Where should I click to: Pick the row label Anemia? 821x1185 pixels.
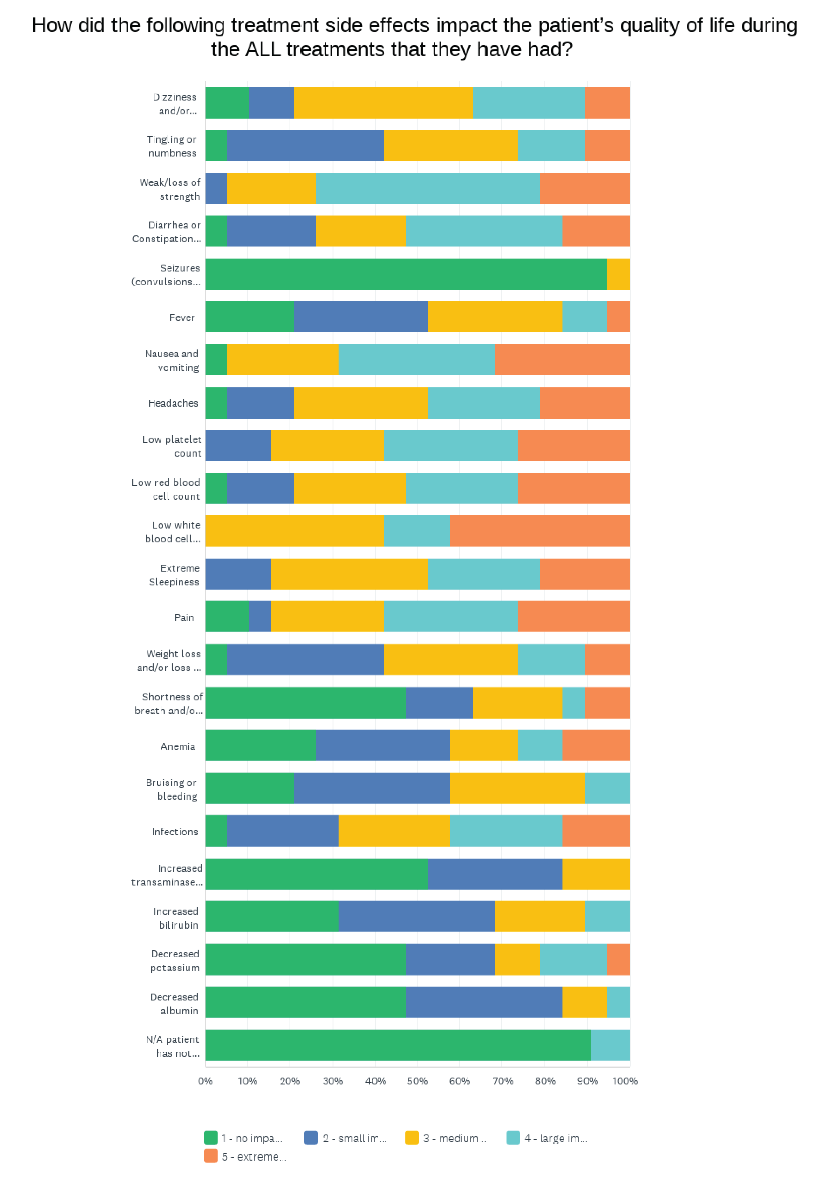coord(178,746)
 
